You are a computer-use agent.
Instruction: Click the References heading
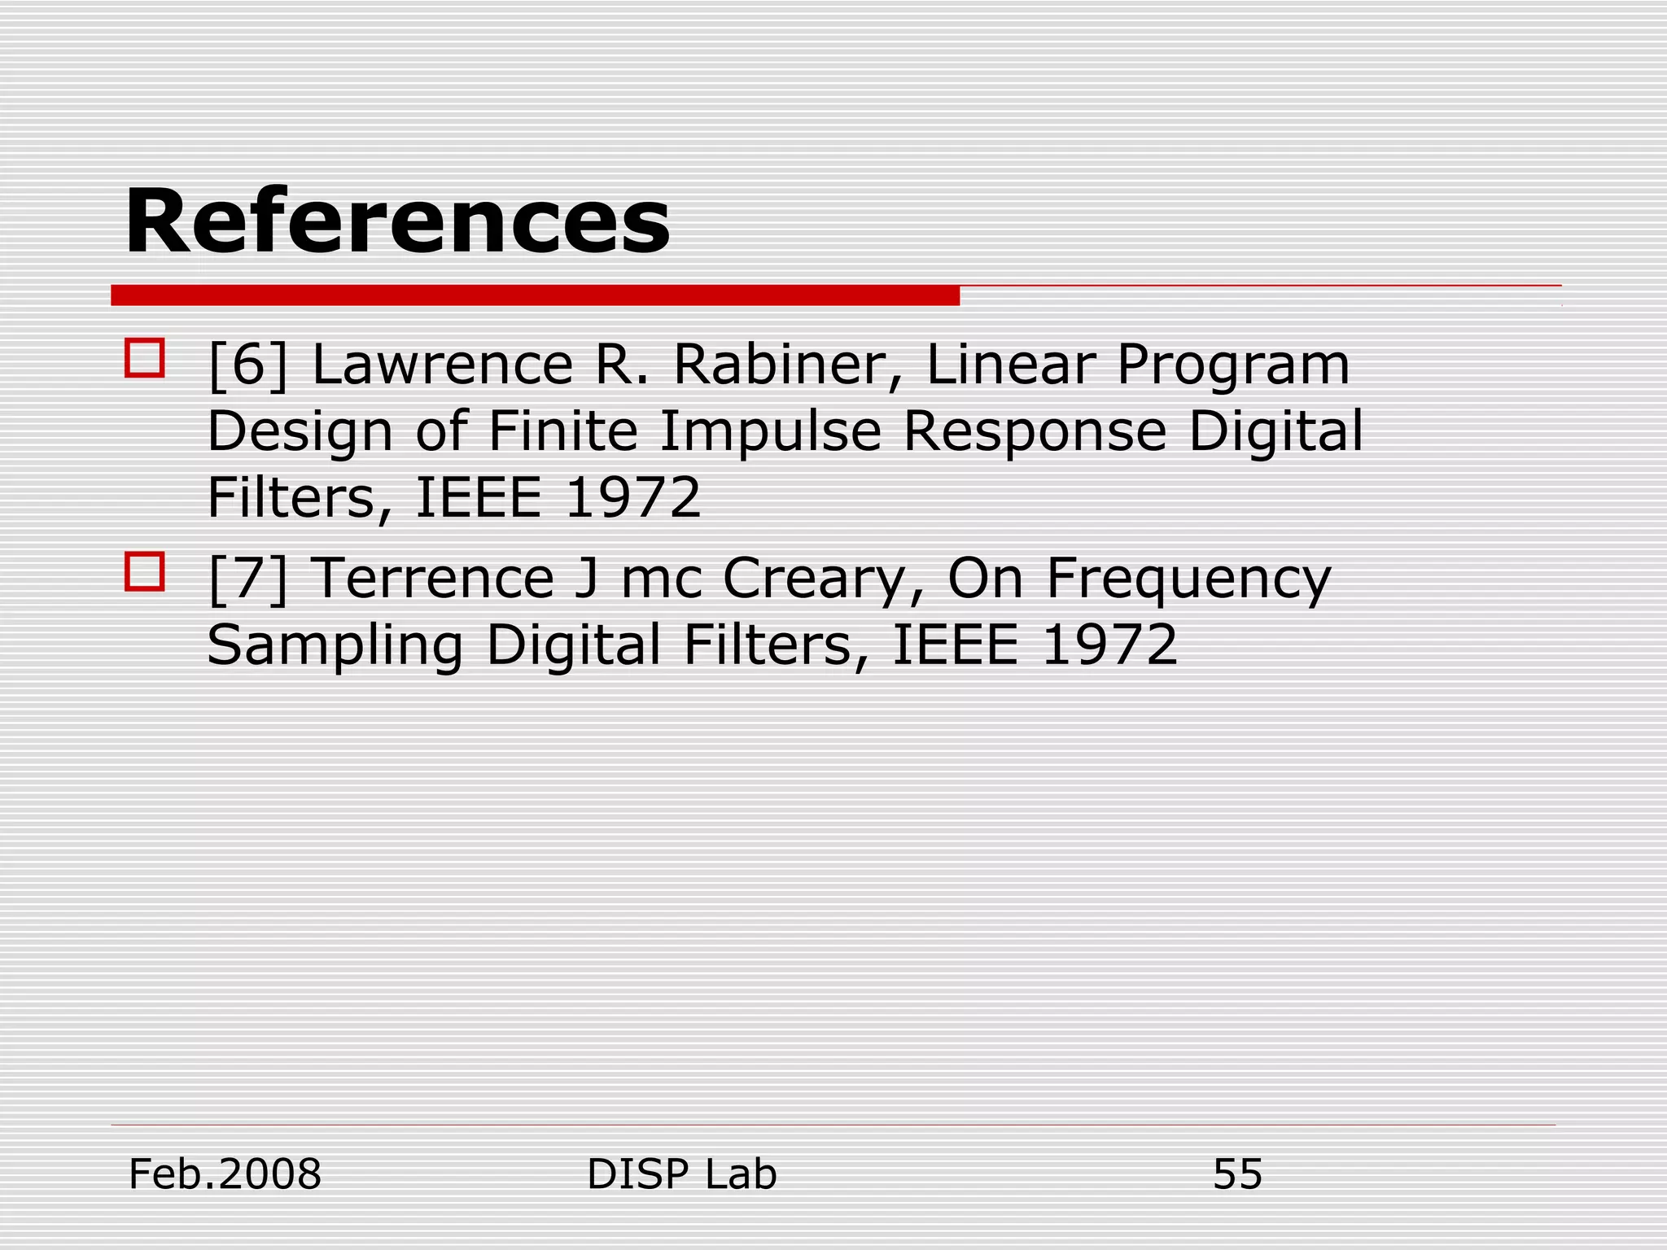[397, 221]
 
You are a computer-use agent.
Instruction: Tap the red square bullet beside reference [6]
[145, 358]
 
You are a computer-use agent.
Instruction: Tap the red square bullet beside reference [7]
[145, 571]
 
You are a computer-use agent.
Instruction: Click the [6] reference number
[248, 365]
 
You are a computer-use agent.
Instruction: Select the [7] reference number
[248, 579]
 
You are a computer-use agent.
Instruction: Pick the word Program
[1232, 366]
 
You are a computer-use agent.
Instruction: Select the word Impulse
[770, 431]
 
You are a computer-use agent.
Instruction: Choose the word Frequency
[1188, 579]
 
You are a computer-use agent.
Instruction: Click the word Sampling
[335, 646]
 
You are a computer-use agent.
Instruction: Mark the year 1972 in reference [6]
[632, 497]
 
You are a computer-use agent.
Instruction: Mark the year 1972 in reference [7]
[1109, 645]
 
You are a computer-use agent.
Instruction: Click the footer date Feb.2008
[225, 1174]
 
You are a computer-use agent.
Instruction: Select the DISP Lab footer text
[681, 1174]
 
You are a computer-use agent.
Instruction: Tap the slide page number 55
[1237, 1174]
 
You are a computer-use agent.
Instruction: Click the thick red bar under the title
[535, 295]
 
